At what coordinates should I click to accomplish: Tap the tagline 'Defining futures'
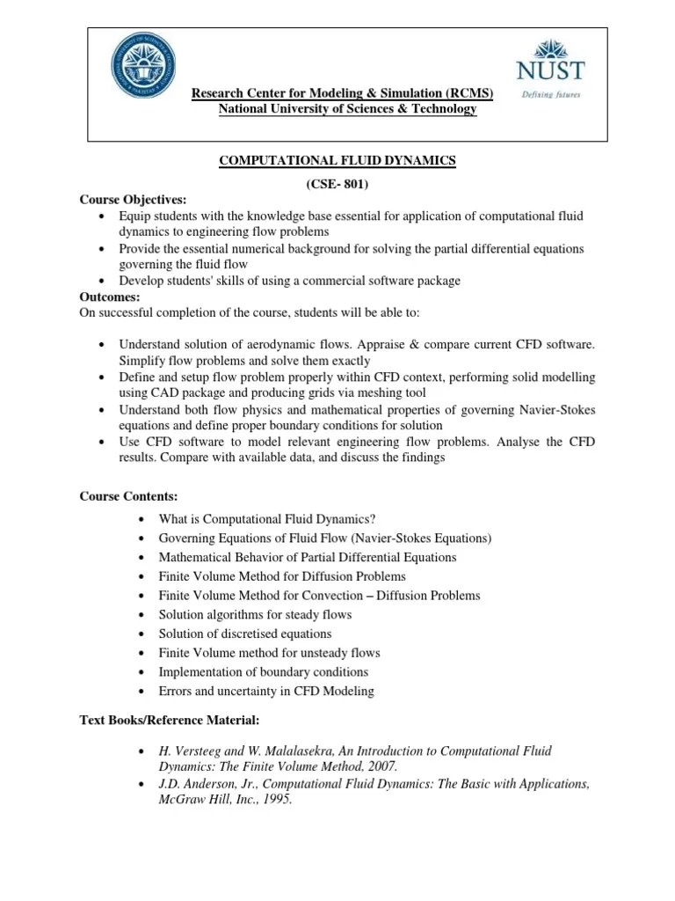[550, 95]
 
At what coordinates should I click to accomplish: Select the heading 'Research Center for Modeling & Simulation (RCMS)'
[343, 93]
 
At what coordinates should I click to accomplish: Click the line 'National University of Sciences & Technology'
[347, 109]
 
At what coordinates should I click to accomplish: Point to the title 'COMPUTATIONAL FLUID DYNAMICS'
[337, 160]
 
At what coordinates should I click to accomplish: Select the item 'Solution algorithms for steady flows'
[255, 614]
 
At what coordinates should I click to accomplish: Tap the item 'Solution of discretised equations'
[245, 634]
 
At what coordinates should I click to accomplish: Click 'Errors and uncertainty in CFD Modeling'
[265, 692]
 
